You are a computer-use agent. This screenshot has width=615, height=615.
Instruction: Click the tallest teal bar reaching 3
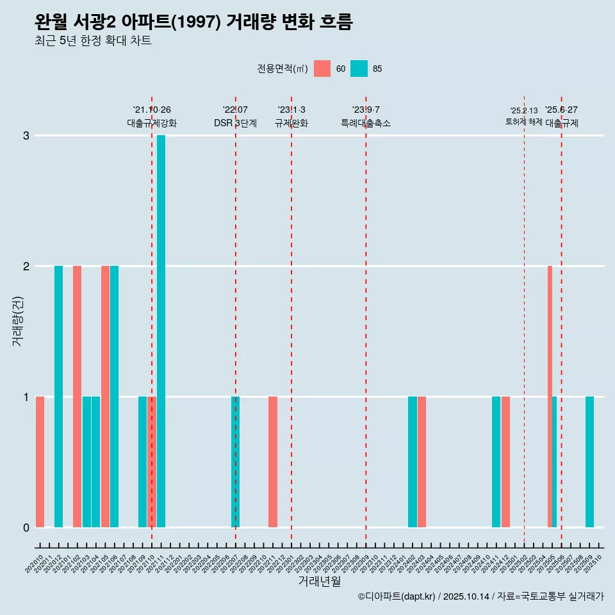[161, 331]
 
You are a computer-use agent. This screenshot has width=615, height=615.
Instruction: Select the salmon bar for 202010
[40, 462]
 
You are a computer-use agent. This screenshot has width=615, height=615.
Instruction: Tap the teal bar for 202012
[58, 397]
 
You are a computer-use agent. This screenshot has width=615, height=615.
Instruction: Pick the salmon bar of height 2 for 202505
[550, 397]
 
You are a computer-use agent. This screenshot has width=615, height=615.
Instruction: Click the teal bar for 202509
[589, 462]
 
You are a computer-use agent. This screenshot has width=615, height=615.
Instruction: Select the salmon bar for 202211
[273, 462]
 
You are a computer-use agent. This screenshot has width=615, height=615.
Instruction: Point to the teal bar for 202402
[413, 462]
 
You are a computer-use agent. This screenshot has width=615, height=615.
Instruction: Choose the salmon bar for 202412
[505, 462]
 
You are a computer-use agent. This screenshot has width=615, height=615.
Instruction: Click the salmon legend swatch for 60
[322, 69]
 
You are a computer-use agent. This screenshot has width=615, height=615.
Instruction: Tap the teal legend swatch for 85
[359, 69]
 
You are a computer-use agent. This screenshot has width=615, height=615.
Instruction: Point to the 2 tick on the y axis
[26, 266]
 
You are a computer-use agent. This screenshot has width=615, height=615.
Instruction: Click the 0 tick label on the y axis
[26, 527]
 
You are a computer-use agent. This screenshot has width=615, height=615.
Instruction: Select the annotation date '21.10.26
[152, 110]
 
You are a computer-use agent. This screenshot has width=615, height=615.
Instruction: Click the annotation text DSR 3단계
[235, 123]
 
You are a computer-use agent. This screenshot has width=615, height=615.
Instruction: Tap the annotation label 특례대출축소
[366, 123]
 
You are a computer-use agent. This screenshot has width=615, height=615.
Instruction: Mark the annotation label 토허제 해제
[523, 122]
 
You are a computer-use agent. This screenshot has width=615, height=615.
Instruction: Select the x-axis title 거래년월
[319, 581]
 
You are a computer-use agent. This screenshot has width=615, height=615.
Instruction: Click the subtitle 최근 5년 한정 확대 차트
[93, 41]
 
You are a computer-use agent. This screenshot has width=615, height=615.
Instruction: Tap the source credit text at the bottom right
[480, 596]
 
